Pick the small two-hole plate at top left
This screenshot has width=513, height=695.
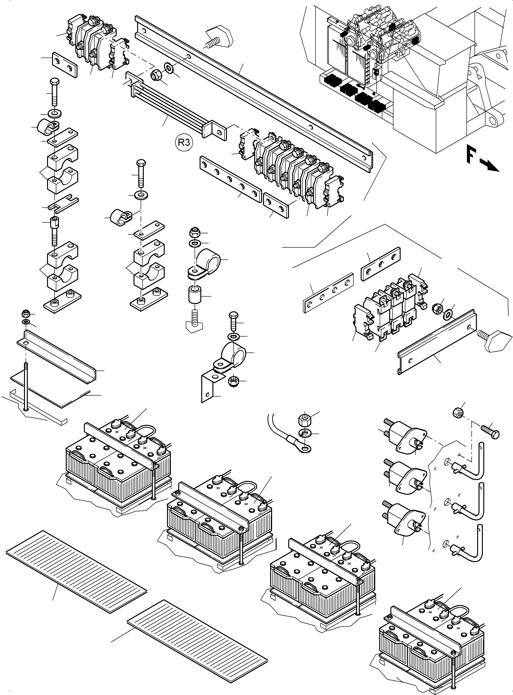tap(64, 64)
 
